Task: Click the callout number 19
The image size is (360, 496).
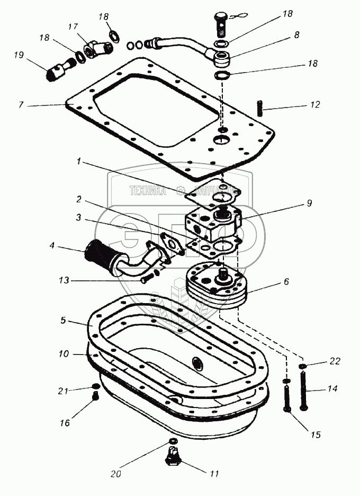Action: (19, 55)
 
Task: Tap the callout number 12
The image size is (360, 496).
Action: (315, 105)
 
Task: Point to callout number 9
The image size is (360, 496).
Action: (309, 203)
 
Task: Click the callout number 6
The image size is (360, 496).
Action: (286, 282)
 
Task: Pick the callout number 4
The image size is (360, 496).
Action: (52, 246)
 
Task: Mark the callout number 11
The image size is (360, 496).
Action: (215, 473)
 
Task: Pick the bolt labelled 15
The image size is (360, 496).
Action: (286, 398)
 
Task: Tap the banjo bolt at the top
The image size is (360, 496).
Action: (221, 22)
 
